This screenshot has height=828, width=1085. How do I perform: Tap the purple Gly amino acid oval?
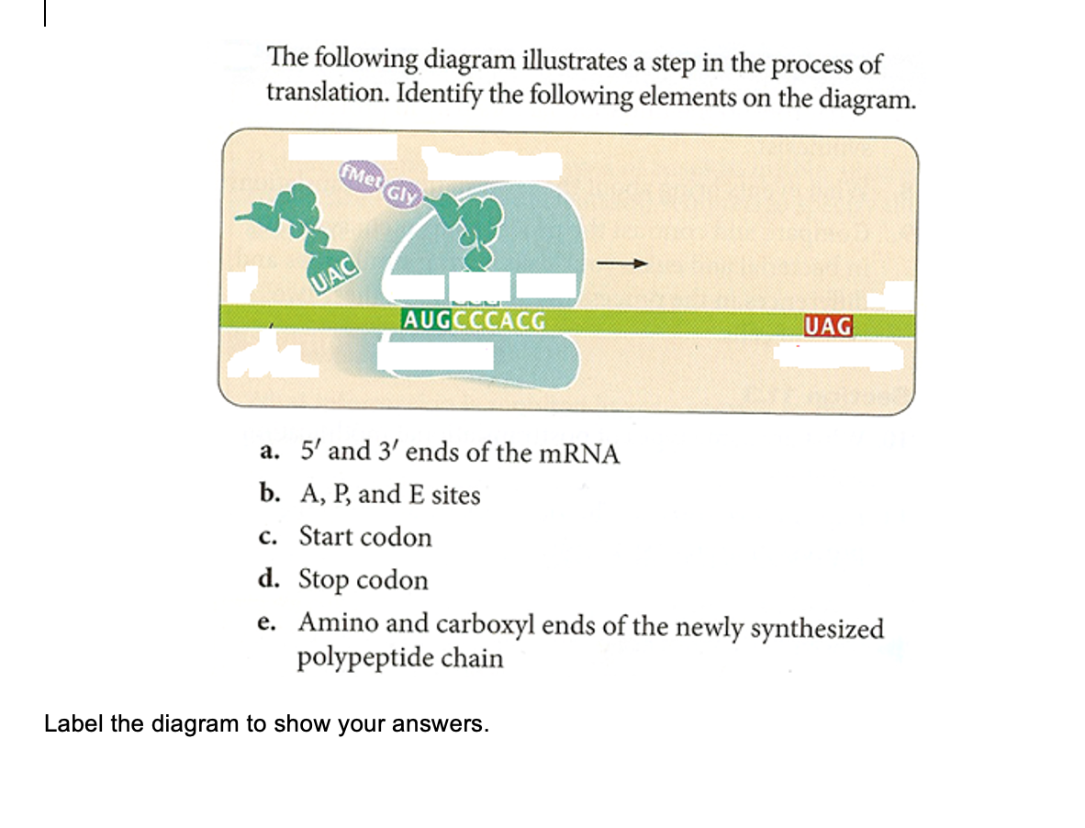[400, 195]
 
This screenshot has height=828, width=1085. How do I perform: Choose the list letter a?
[268, 453]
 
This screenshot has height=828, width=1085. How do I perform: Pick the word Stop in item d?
[323, 580]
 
